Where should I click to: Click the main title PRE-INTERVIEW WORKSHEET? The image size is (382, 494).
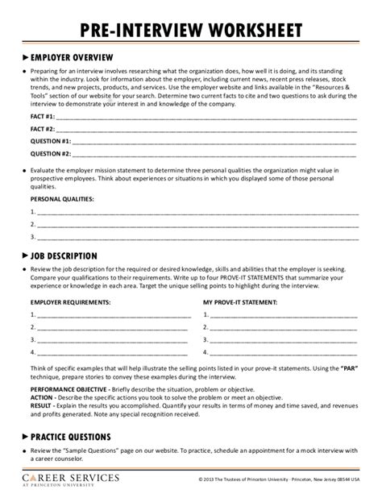click(191, 31)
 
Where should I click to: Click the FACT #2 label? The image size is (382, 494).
click(43, 129)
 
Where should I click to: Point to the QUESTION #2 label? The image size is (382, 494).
click(51, 152)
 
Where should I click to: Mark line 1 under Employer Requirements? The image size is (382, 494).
click(113, 316)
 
